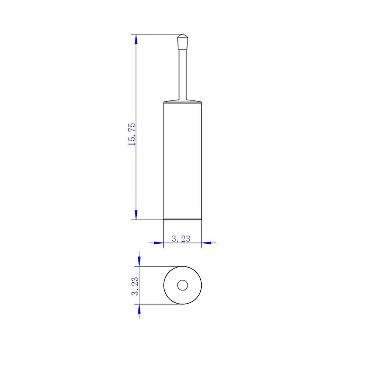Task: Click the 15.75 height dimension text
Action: pos(132,134)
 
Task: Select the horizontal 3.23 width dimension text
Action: pos(181,239)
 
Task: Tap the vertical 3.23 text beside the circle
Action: pos(134,285)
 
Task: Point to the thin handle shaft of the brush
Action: pos(182,71)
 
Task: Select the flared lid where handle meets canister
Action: pos(182,101)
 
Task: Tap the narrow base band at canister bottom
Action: pos(182,218)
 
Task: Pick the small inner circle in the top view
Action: pos(182,285)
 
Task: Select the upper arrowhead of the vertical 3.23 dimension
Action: pos(139,261)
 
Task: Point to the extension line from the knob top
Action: pos(157,34)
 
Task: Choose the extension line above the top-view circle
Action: pos(157,266)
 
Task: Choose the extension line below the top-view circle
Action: pos(157,304)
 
